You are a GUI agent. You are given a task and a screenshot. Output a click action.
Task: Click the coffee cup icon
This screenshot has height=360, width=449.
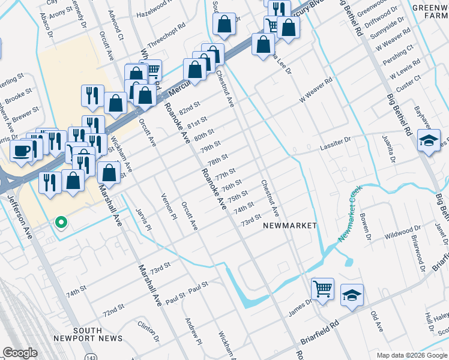22,151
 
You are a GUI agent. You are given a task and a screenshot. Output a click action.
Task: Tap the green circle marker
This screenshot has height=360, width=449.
61,223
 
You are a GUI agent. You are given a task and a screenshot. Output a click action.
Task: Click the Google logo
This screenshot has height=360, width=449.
20,353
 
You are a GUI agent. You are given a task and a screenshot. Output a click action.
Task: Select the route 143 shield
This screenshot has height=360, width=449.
89,355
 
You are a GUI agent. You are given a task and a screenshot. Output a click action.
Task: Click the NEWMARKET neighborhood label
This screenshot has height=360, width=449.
289,225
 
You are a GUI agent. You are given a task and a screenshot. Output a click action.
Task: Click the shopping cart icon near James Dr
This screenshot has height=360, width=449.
322,289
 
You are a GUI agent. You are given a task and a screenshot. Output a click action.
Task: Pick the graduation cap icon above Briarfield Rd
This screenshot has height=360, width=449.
352,295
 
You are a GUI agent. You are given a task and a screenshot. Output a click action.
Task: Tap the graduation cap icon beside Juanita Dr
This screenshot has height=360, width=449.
429,141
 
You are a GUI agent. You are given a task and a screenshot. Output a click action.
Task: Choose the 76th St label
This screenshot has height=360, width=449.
232,184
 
